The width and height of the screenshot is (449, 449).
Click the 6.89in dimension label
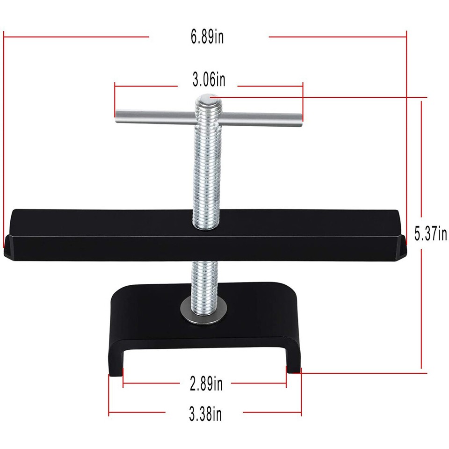click(207, 36)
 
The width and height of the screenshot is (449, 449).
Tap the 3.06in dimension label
click(209, 80)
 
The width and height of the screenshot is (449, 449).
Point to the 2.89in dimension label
click(206, 384)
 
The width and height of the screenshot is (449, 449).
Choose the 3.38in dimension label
click(205, 413)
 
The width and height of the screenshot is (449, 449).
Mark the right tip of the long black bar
click(403, 246)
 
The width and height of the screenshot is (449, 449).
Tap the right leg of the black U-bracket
click(293, 362)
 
